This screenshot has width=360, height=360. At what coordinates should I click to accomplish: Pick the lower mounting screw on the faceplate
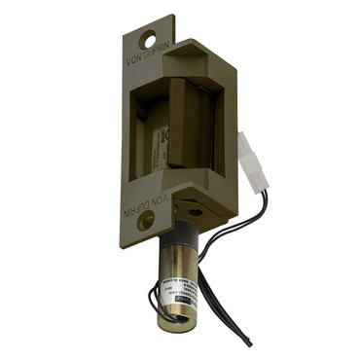146,222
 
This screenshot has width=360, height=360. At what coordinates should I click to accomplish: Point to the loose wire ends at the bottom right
251,337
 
